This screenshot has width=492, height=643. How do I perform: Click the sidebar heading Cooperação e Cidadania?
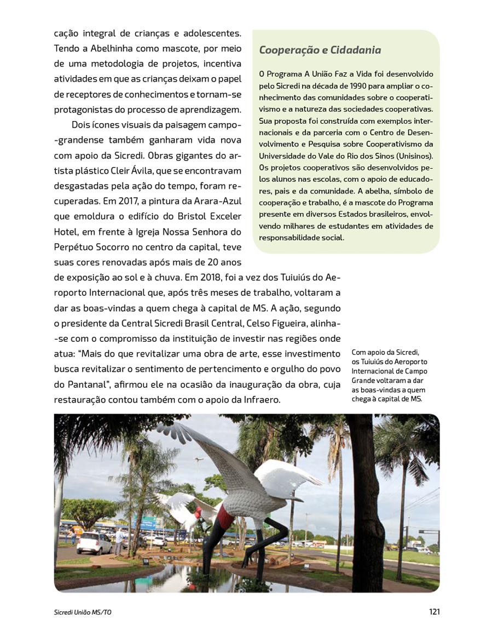pyautogui.click(x=320, y=50)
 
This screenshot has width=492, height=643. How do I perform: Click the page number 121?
pyautogui.click(x=435, y=612)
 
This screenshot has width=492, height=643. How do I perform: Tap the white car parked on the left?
pyautogui.click(x=94, y=543)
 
